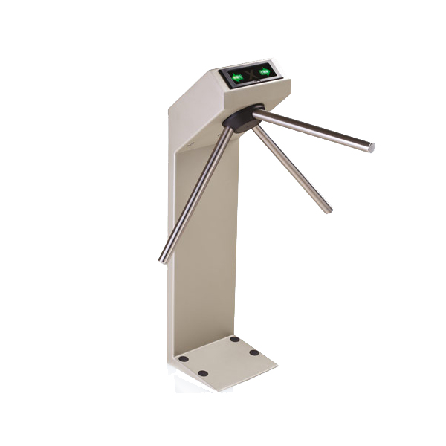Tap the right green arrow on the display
point(264,72)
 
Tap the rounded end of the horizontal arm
point(371,147)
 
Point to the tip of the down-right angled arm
point(328,210)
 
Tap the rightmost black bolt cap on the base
point(254,352)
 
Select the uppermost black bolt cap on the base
point(235,339)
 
